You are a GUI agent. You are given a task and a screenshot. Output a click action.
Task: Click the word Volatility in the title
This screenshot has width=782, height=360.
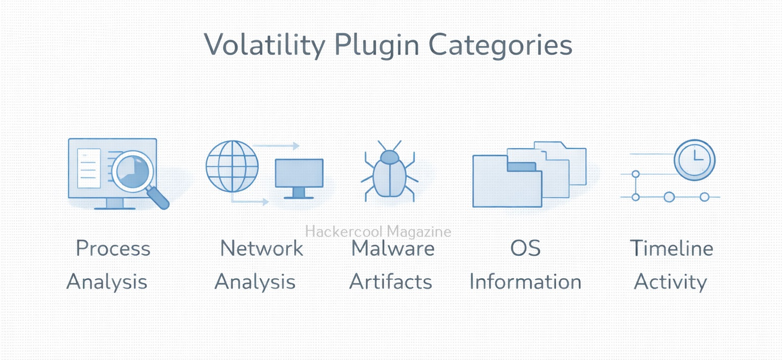coord(265,45)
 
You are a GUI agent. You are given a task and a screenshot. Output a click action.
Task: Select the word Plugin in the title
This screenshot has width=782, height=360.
coord(376,44)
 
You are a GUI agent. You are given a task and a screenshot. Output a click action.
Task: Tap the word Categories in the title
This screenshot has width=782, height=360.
coord(500,45)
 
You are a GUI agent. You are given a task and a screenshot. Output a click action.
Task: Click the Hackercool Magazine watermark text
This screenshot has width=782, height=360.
coord(378,231)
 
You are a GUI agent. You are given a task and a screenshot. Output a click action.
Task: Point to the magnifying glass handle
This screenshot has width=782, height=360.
coord(158,197)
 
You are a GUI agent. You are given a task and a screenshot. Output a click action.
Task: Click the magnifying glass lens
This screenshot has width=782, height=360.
coord(133,172)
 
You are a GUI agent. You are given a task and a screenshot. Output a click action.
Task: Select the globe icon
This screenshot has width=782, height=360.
coord(232,166)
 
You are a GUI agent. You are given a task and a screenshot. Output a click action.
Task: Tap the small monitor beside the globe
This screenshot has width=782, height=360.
coord(299,178)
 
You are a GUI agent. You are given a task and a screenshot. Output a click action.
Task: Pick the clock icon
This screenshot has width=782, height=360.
coord(694,160)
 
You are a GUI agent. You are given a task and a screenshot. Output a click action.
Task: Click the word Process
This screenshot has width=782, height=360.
coord(113,249)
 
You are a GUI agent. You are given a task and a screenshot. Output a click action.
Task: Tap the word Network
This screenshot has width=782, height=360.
coord(262,249)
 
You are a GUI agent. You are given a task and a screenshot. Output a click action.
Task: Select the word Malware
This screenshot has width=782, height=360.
coord(393,249)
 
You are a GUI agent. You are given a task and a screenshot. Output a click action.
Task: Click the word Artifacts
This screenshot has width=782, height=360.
coord(391,282)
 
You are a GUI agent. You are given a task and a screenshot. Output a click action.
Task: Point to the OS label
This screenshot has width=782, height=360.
coord(526,249)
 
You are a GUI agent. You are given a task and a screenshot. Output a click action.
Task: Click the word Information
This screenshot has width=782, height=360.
coord(526,282)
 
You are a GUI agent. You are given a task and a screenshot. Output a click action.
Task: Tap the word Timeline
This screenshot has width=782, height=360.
coord(672,249)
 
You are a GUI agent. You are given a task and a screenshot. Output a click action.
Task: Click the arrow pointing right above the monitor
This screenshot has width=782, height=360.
coord(276,146)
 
